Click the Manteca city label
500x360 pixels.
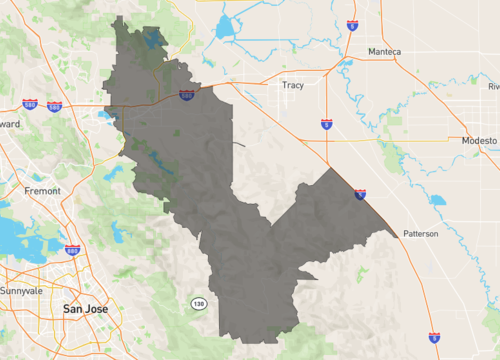384,51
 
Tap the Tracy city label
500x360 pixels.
293,85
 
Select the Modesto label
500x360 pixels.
479,141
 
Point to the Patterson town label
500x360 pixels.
421,234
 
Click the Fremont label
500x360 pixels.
41,190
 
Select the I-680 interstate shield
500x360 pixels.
72,250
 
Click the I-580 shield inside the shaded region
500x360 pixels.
186,95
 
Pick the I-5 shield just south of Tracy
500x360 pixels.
327,125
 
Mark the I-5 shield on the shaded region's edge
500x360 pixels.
359,194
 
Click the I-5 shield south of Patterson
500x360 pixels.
433,339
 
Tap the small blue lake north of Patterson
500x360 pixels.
437,199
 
